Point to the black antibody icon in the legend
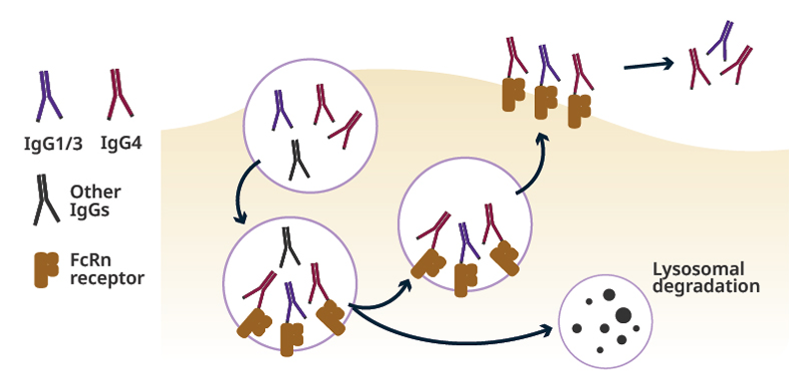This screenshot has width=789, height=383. click(x=46, y=198)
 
